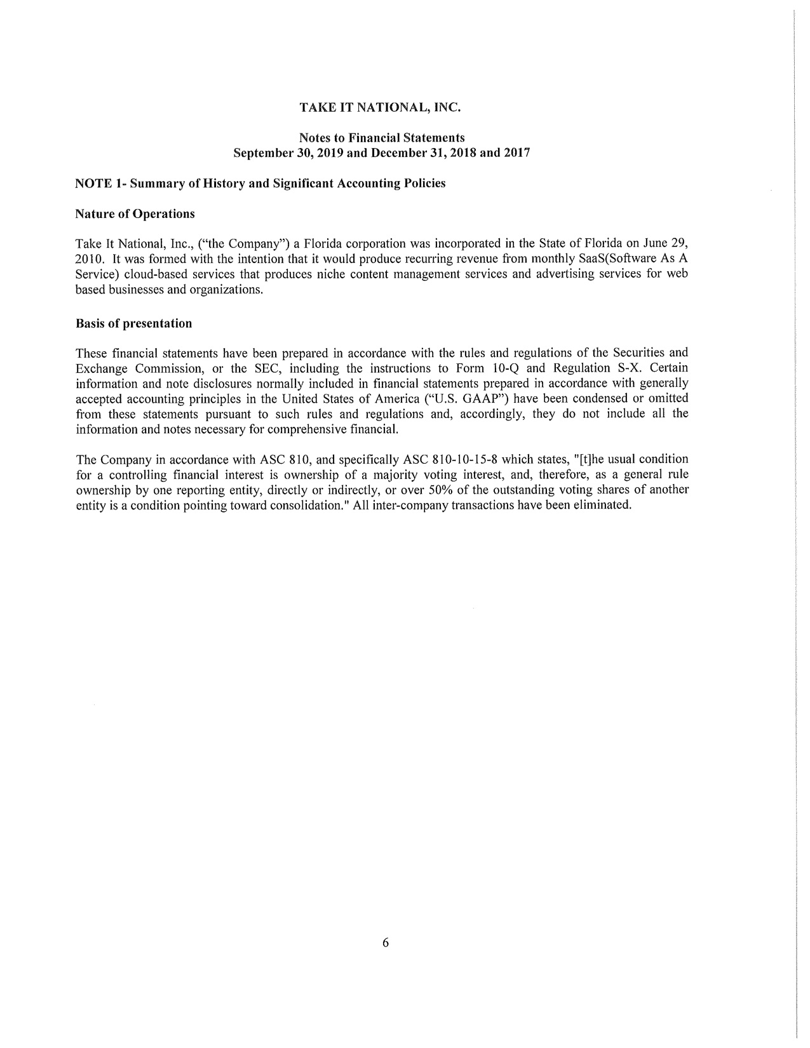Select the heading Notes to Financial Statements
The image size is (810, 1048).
point(381,138)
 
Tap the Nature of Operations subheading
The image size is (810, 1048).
point(135,213)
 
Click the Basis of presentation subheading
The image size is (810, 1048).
point(133,323)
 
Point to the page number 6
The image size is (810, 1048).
point(386,943)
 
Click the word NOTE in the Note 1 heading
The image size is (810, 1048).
point(93,184)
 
